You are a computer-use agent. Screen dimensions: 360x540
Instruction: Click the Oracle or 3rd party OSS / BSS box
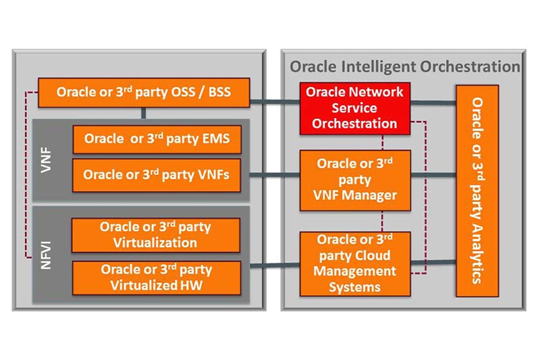(x=144, y=92)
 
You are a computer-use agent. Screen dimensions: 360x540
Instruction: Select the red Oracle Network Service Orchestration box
(x=354, y=107)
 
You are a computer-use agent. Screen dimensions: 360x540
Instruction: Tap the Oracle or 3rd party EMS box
(x=157, y=140)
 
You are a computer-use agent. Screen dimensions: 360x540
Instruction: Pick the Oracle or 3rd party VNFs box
(x=157, y=174)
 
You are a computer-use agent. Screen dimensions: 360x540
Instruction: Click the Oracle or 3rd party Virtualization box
(x=156, y=234)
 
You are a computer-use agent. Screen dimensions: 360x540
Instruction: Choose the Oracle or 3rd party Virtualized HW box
(x=156, y=277)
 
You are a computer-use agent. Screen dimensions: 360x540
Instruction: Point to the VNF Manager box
(x=354, y=180)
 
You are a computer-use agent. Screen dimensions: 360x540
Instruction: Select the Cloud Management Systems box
(x=354, y=262)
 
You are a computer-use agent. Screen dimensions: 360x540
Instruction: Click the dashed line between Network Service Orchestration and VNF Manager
(x=383, y=141)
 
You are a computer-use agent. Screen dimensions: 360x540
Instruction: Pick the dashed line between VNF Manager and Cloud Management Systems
(x=383, y=220)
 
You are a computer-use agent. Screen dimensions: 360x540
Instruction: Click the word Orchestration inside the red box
(x=354, y=124)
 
